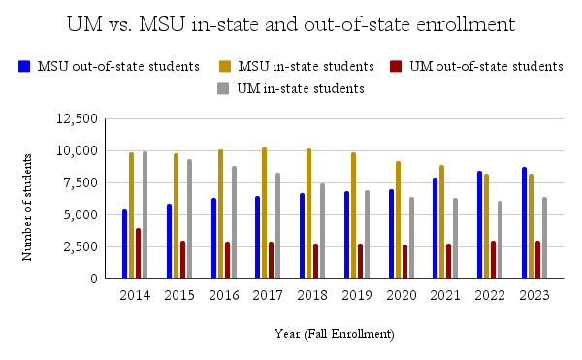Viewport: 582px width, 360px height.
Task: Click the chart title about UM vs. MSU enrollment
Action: (291, 24)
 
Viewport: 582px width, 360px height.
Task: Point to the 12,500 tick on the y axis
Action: (79, 119)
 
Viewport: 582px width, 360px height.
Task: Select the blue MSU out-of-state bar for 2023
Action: (525, 223)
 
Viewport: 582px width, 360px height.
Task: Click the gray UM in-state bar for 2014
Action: (145, 215)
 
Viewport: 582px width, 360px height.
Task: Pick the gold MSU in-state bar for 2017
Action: (264, 213)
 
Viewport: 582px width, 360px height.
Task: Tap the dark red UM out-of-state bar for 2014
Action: (138, 253)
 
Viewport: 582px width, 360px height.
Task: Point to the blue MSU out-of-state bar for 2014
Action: (124, 244)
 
